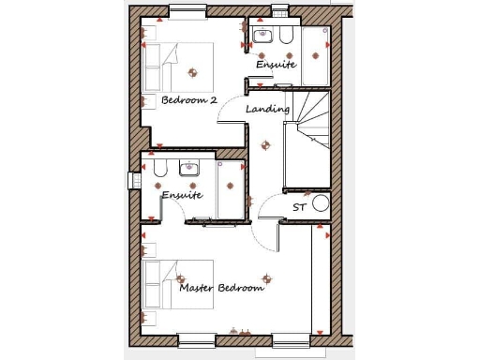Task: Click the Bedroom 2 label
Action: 189,99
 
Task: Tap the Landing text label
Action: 267,110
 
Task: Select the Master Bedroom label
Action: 222,288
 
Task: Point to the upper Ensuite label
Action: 277,65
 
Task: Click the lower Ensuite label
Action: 181,195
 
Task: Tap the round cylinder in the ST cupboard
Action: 321,202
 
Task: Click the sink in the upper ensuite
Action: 262,37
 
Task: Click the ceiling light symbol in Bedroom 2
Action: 194,70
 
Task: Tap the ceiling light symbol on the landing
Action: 263,142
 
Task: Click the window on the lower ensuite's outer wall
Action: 132,179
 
